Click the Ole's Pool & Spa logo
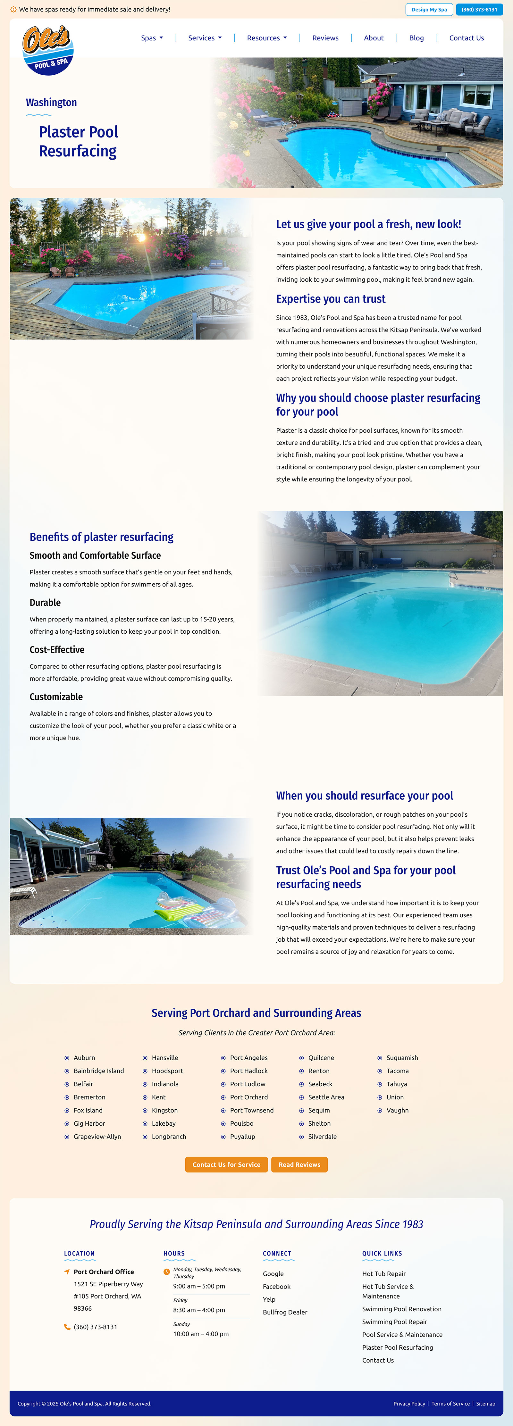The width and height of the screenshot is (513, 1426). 48,50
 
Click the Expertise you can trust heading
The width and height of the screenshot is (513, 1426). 331,299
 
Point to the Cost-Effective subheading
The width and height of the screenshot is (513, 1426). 57,649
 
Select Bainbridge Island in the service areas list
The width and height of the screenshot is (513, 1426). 99,1071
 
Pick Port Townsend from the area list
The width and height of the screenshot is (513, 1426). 251,1110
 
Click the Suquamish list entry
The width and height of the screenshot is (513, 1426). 402,1057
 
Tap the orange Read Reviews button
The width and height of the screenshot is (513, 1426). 299,1164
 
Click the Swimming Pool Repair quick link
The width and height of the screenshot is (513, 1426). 394,1322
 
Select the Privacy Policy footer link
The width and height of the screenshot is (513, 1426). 409,1403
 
